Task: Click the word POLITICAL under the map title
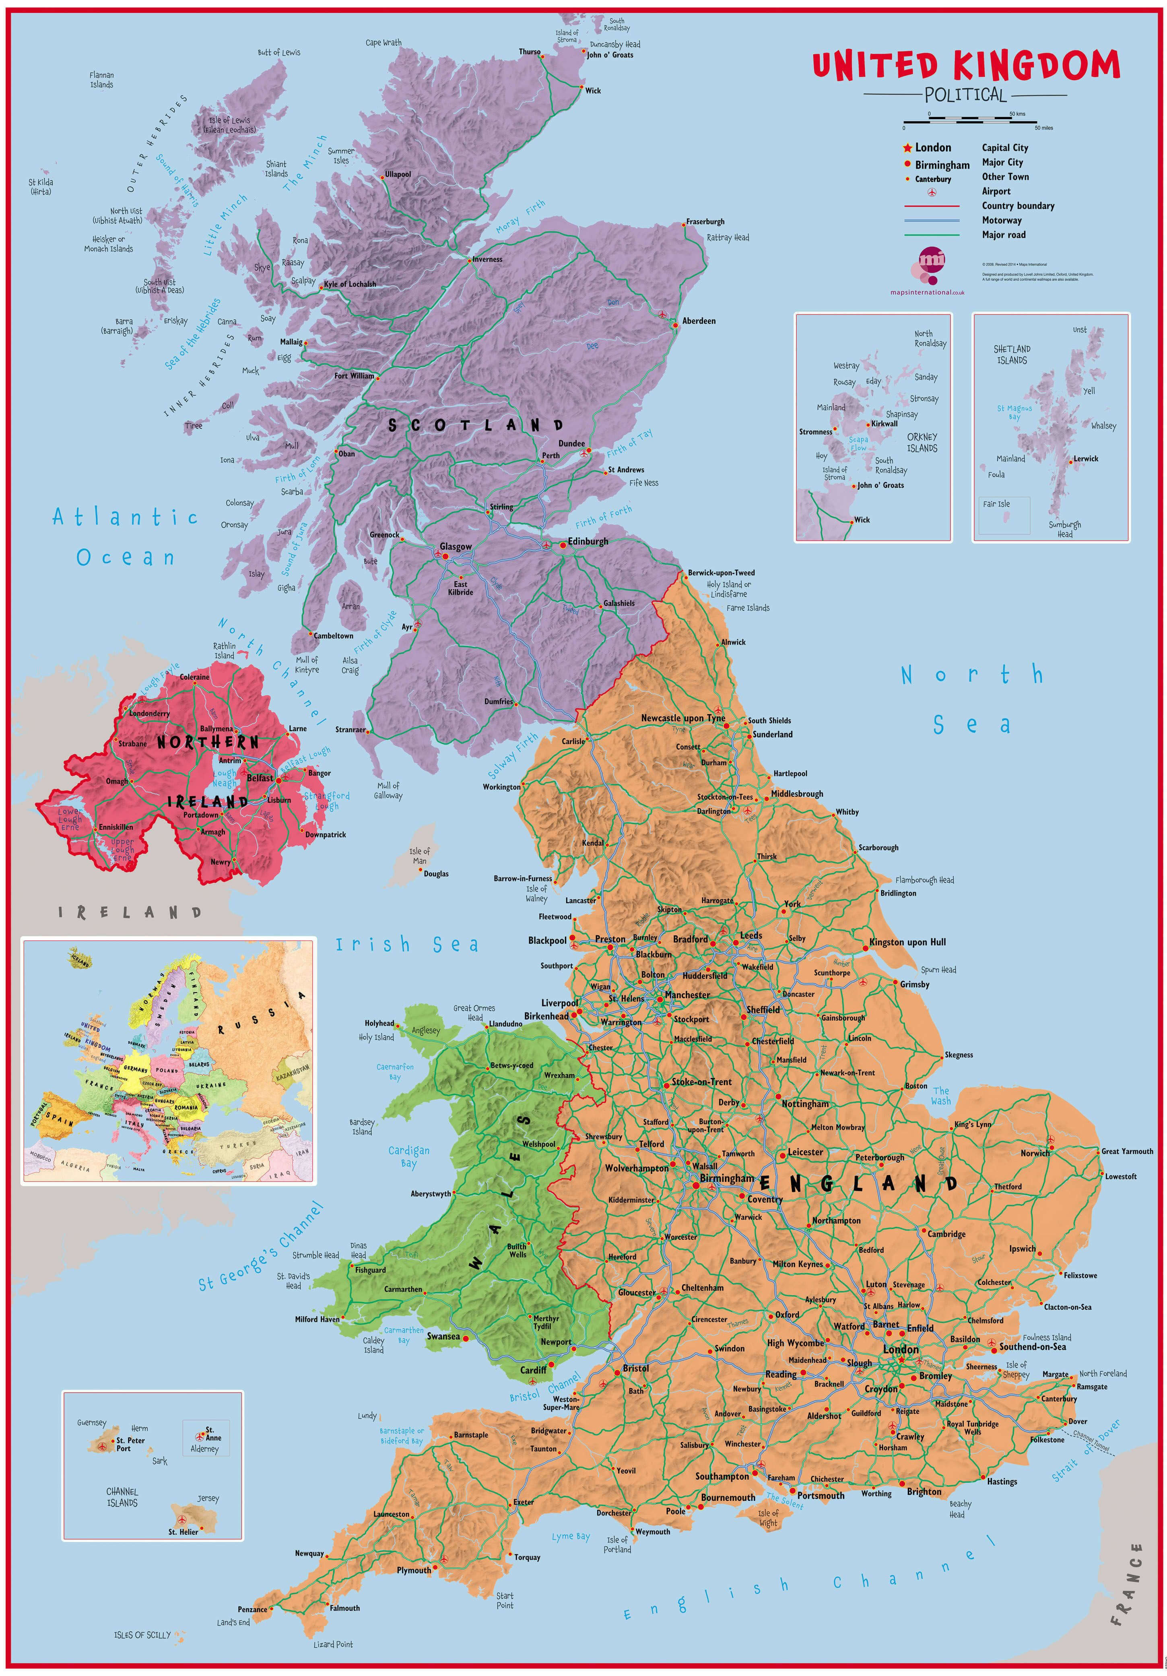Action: [965, 95]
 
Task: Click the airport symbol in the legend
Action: [931, 192]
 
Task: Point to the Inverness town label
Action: [487, 259]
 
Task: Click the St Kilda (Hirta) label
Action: [41, 187]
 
